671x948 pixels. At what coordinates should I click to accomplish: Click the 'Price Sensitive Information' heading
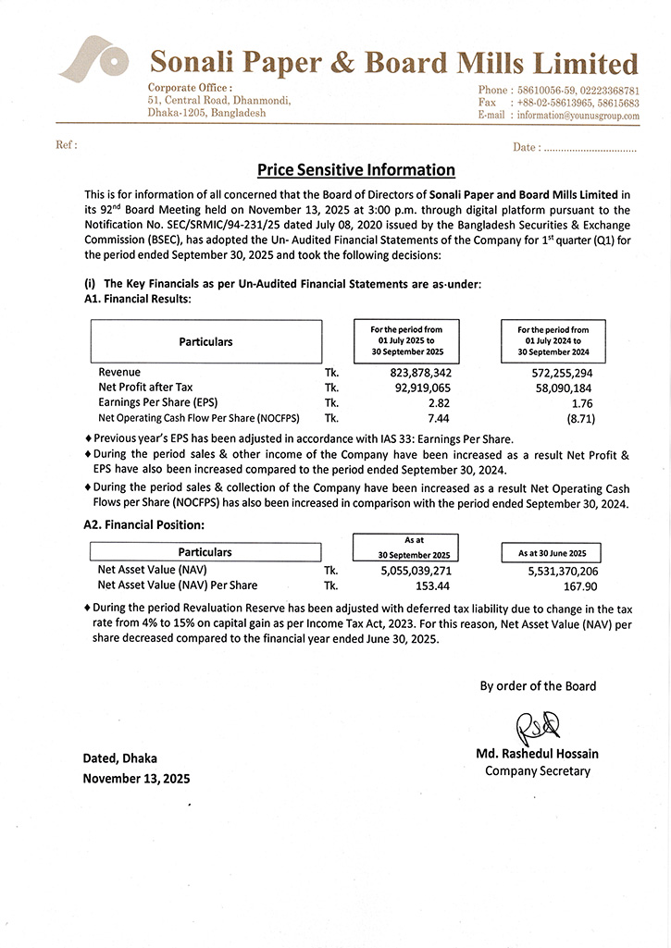pos(355,170)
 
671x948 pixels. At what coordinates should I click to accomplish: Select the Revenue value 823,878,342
pos(415,372)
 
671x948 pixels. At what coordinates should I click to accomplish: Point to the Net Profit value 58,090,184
pos(559,388)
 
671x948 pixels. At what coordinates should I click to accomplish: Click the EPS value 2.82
pos(439,403)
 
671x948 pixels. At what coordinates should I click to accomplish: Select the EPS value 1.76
pos(582,403)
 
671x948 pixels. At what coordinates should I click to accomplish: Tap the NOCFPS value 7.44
pos(439,419)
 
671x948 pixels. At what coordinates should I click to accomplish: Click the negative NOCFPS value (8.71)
pos(579,419)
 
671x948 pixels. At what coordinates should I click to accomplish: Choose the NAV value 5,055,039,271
pos(416,570)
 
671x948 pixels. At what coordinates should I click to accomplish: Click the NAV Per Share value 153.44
pos(433,585)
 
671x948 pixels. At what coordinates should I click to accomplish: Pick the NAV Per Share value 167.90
pos(579,585)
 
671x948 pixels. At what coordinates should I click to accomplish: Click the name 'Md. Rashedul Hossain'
pos(537,755)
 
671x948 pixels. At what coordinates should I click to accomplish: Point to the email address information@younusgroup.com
pos(578,116)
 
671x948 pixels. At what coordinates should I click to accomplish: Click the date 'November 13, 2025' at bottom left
pos(136,779)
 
